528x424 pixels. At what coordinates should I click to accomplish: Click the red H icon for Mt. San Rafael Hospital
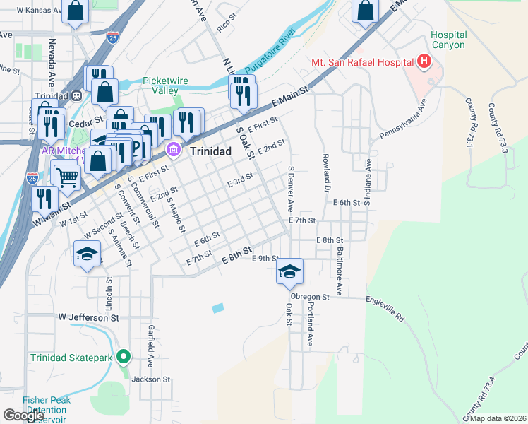pyautogui.click(x=424, y=62)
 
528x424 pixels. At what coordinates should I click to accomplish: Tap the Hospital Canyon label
pyautogui.click(x=448, y=40)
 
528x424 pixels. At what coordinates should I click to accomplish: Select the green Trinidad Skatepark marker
pyautogui.click(x=124, y=357)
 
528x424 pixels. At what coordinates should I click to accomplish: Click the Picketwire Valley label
pyautogui.click(x=165, y=86)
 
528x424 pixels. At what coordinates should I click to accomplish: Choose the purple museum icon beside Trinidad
pyautogui.click(x=174, y=151)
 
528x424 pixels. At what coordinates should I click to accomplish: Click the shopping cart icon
pyautogui.click(x=67, y=177)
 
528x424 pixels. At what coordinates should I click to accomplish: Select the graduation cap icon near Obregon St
pyautogui.click(x=289, y=271)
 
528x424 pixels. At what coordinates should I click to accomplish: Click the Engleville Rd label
pyautogui.click(x=385, y=309)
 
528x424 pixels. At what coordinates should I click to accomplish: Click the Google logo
pyautogui.click(x=24, y=416)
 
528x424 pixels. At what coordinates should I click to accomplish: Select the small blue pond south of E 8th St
pyautogui.click(x=217, y=308)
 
